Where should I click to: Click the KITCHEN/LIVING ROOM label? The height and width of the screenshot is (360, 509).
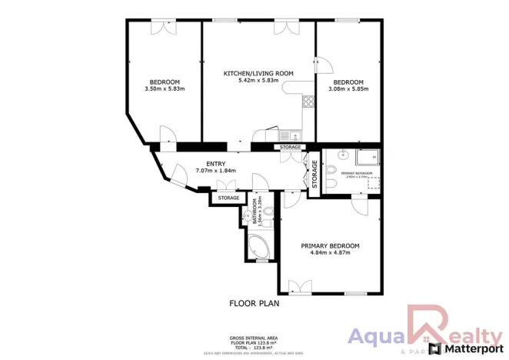(258, 73)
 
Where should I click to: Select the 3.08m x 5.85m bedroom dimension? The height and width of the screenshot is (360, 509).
(349, 89)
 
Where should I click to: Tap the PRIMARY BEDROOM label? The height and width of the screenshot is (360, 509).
(330, 245)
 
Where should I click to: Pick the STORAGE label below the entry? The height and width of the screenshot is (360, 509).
(228, 198)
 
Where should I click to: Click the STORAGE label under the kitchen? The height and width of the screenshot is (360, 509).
(290, 147)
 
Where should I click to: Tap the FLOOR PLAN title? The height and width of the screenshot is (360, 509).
(254, 303)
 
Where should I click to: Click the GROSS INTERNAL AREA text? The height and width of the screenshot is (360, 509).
(253, 338)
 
